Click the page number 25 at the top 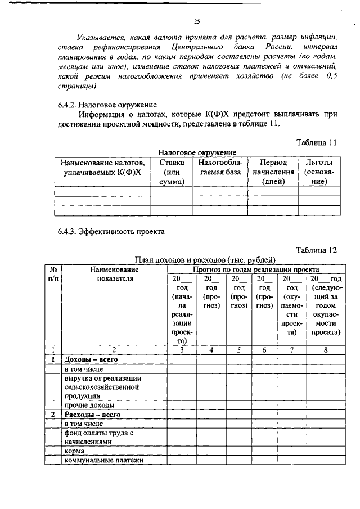(x=197, y=22)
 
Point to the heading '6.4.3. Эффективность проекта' (x=111, y=229)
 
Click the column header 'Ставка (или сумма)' (x=172, y=172)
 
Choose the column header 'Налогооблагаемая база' (x=220, y=167)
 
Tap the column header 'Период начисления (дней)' (x=273, y=172)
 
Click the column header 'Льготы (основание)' (x=319, y=172)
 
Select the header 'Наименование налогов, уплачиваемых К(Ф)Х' (x=102, y=167)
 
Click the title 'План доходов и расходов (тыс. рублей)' (x=205, y=260)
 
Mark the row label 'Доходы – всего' (x=91, y=358)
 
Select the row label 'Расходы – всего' (x=92, y=414)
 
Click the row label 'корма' (x=75, y=451)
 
